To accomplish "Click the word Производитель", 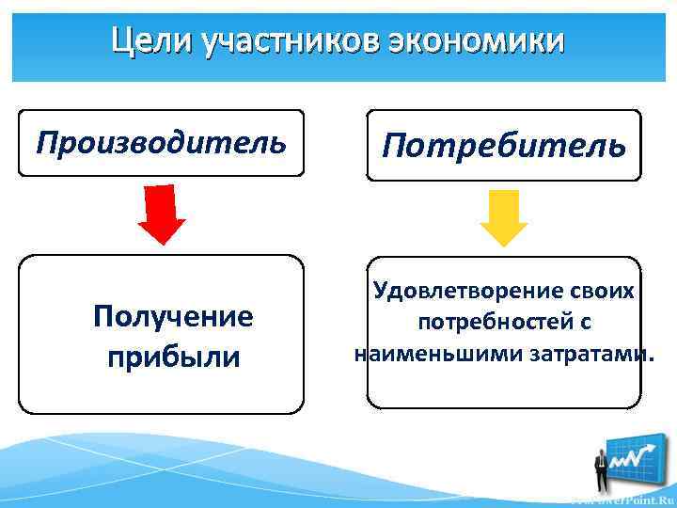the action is [161, 143].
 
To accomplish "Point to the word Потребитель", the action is [504, 146].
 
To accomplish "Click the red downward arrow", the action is [162, 214].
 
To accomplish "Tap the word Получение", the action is [173, 317].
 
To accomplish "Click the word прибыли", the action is [174, 357].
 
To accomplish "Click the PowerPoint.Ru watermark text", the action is [626, 499].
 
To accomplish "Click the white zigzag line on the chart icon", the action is [632, 458].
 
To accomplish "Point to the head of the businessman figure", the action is [601, 449].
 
